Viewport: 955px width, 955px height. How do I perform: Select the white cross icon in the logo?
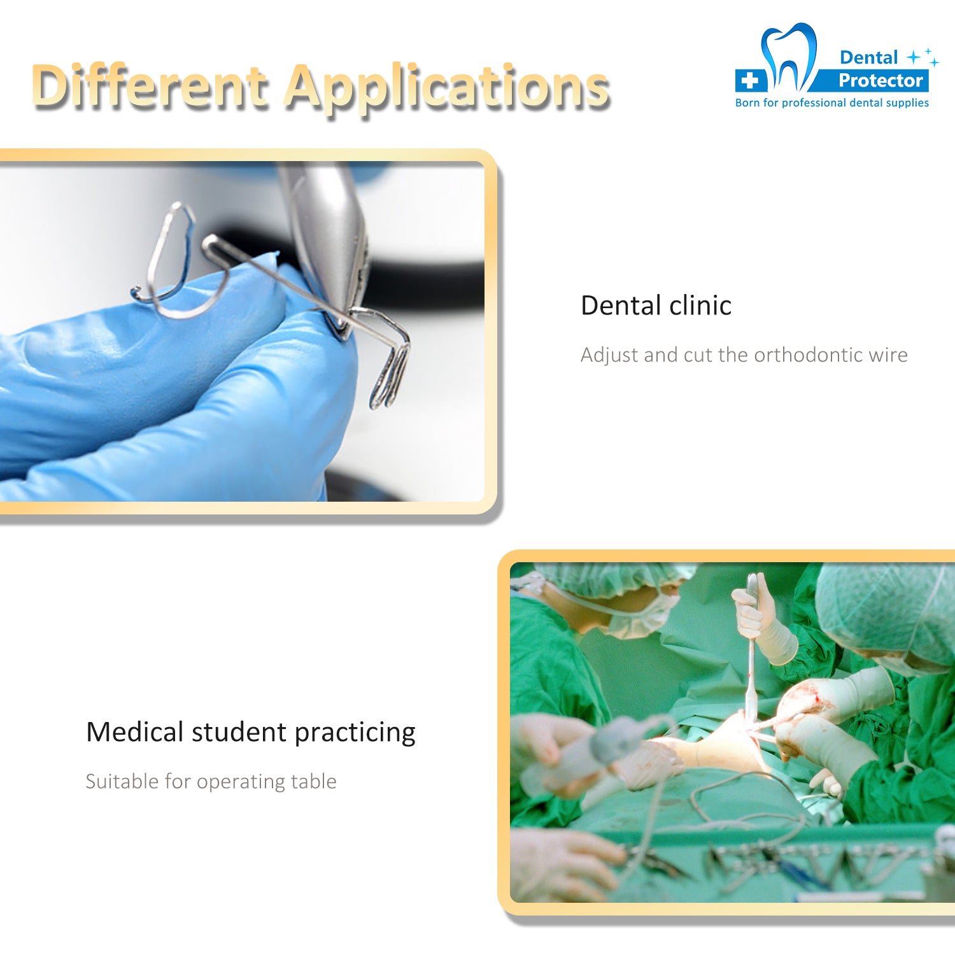click(750, 80)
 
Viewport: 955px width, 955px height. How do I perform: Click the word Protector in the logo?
click(881, 80)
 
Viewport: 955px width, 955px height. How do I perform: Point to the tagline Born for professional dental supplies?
click(831, 103)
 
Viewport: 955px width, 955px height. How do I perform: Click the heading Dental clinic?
click(656, 306)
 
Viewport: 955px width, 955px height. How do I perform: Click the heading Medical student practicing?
click(250, 733)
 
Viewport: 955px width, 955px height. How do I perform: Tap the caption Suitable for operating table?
click(211, 782)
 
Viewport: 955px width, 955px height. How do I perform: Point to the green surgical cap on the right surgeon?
click(885, 614)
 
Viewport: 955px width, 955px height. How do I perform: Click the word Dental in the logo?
click(868, 57)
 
